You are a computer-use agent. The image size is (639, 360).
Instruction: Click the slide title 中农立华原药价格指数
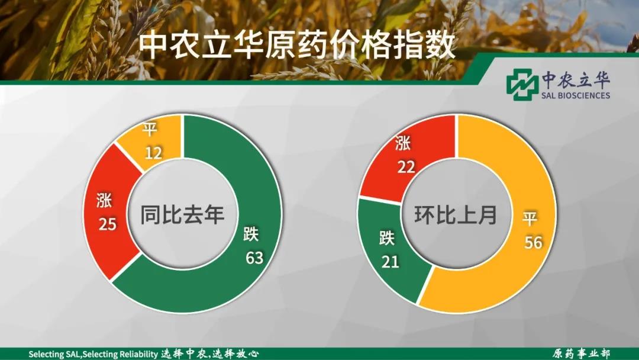(296, 46)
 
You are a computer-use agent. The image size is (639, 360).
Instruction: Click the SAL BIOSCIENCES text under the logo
(576, 95)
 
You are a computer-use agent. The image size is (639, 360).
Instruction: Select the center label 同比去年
(183, 214)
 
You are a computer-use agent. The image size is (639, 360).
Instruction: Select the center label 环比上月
(456, 214)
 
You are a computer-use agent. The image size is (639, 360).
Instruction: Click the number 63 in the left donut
(254, 258)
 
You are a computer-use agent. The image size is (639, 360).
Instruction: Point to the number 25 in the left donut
(107, 224)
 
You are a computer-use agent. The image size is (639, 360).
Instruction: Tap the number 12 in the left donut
(154, 153)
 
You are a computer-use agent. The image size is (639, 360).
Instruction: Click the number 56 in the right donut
(534, 243)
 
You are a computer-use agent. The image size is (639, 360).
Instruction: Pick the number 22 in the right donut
(406, 166)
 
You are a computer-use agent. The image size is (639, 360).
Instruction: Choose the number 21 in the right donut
(390, 262)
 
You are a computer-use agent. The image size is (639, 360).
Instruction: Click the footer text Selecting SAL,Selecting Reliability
(93, 354)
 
